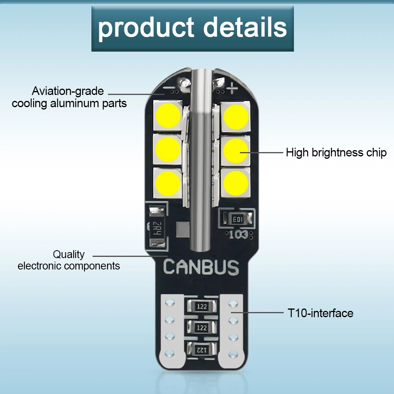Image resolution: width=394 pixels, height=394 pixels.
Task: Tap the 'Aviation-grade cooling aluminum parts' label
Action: coord(69,97)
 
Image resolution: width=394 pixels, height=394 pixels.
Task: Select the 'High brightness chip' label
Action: coord(336,152)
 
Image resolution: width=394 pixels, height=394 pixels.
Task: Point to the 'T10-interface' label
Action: coord(320,313)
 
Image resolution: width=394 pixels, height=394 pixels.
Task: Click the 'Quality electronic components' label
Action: coord(69,260)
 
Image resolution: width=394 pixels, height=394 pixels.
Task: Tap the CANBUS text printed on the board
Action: coord(201,267)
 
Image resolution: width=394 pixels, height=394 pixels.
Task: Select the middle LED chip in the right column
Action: coord(235,150)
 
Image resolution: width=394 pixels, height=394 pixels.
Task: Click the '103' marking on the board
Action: coord(239,235)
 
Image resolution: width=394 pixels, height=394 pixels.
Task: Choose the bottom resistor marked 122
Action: coord(202,348)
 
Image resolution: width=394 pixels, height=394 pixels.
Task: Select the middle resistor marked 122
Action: coord(202,327)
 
